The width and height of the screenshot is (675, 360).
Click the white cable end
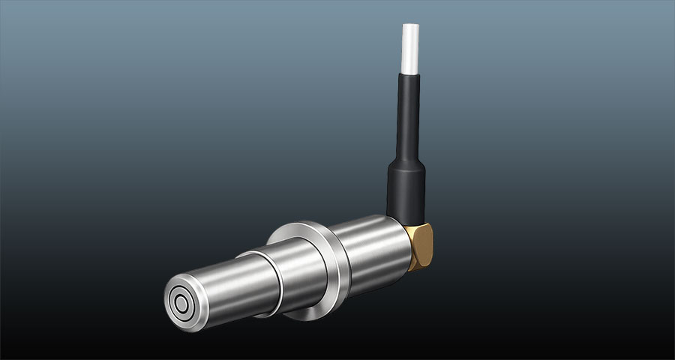tap(410, 49)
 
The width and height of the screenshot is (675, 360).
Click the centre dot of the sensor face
tap(181, 304)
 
